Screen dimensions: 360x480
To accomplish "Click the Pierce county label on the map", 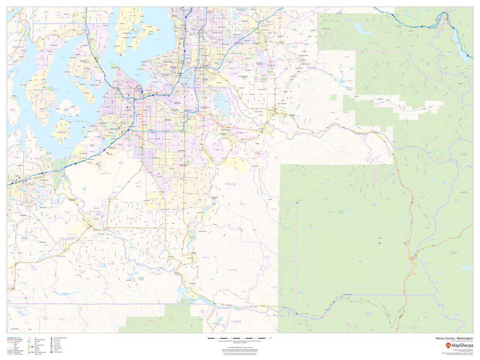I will (230, 184).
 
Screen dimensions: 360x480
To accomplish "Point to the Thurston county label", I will (67, 238).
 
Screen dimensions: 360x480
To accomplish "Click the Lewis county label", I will (236, 321).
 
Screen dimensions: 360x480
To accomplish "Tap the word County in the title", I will (451, 338).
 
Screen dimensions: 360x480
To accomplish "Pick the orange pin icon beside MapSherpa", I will (448, 345).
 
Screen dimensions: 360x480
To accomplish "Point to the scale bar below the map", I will (239, 337).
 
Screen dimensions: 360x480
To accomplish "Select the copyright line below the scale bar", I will (239, 347).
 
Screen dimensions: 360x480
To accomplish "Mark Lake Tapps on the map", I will (224, 104).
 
